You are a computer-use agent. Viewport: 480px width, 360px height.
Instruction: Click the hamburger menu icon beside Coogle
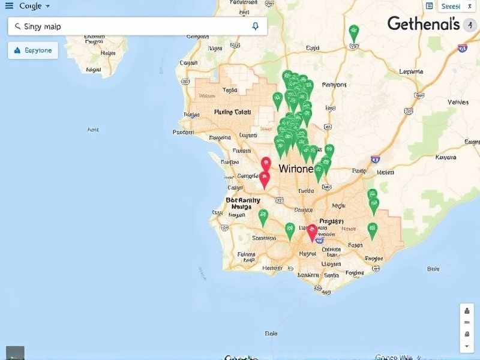(x=9, y=5)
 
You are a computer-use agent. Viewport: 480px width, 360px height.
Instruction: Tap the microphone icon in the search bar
(x=256, y=26)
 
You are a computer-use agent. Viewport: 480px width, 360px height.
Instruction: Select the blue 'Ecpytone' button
(x=33, y=50)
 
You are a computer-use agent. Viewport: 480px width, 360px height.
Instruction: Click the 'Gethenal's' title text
(x=423, y=23)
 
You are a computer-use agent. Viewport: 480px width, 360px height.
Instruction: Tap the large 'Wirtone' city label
(x=296, y=169)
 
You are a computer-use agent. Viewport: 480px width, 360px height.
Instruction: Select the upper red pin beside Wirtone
(x=266, y=163)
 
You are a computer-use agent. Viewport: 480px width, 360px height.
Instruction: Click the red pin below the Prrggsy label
(x=312, y=231)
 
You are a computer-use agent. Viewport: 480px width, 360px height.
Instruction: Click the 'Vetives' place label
(x=458, y=102)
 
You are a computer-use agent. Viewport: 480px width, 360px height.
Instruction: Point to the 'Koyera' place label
(x=445, y=158)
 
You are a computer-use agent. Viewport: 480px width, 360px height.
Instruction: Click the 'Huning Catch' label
(x=232, y=112)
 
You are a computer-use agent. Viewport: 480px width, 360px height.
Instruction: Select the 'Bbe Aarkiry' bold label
(x=243, y=200)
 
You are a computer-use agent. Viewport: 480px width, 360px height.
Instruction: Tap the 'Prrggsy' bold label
(x=331, y=221)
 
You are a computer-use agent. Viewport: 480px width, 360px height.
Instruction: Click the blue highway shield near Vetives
(x=462, y=48)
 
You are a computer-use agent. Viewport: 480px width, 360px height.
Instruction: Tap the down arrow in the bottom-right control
(x=467, y=346)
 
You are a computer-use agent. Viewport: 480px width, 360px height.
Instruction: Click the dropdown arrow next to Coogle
(x=47, y=6)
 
